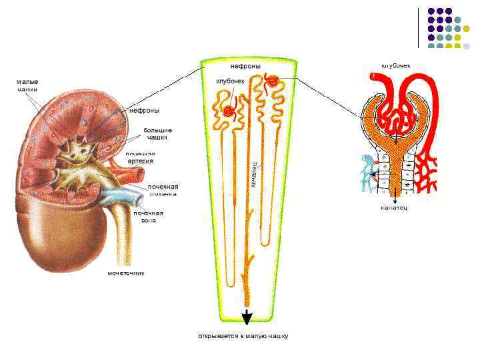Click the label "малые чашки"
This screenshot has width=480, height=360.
pos(27,85)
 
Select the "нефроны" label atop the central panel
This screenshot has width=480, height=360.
pos(245,66)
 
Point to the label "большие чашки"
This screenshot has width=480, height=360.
pos(157,133)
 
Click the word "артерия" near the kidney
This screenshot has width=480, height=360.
pos(141,161)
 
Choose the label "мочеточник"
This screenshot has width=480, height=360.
pos(126,273)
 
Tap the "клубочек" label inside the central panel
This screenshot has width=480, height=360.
pos(231,81)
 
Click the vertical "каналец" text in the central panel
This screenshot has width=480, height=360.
pos(255,175)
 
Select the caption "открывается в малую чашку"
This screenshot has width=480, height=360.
pos(243,336)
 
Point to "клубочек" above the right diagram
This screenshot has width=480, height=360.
pos(395,65)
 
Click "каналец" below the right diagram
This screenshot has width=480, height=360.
pos(394,207)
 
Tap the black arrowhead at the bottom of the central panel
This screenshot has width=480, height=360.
pos(247,317)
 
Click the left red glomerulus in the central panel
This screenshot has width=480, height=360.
pos(229,112)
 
